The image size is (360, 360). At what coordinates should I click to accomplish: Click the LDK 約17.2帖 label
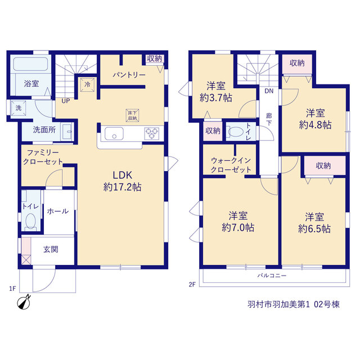coord(122,181)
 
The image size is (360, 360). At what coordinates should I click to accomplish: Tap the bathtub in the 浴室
coord(30,64)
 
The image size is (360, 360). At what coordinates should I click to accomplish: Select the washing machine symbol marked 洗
coord(19,108)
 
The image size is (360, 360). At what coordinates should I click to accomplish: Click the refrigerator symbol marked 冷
coord(87,84)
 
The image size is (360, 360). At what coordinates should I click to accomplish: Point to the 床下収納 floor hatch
coord(133,115)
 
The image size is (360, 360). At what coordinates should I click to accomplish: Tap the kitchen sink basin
coord(114,133)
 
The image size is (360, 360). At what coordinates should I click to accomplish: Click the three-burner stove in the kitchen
coord(151,133)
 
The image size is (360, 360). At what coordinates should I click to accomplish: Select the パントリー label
coord(129,75)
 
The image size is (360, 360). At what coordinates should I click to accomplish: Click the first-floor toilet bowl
coord(30,221)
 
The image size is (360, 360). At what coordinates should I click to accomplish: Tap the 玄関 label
coord(51,249)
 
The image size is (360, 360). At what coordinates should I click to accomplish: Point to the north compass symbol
coord(24,303)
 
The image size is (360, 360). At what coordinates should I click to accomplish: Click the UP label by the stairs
coord(66,101)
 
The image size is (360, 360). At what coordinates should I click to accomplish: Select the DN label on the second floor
coord(269,91)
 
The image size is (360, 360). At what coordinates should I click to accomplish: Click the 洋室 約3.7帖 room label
coord(216,92)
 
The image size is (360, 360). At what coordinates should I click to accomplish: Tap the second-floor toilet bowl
coord(236,132)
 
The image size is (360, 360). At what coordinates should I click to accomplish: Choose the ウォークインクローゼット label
coord(231,165)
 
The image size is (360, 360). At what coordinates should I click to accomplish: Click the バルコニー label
coord(272,275)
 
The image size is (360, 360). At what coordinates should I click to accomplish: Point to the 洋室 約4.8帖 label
coord(315,119)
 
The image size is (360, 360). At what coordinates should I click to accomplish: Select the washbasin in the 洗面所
coord(67,132)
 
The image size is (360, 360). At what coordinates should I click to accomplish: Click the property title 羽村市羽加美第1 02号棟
coord(294,304)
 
